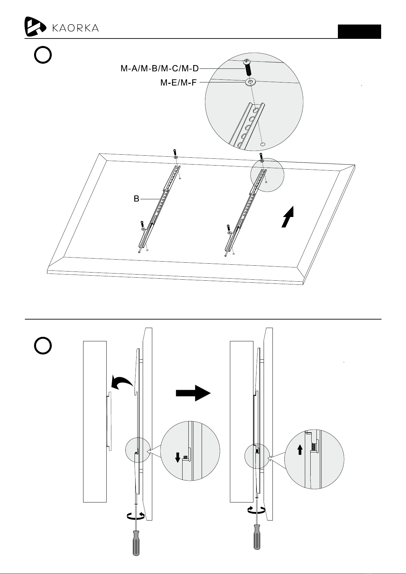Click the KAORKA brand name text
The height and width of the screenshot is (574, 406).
[76, 28]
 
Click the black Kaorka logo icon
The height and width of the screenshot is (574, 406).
[35, 26]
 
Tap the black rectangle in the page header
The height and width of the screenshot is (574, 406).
[359, 32]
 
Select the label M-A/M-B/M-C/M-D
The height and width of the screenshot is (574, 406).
[160, 68]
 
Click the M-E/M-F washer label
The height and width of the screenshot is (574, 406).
[178, 82]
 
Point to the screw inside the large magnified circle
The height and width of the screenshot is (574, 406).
[247, 67]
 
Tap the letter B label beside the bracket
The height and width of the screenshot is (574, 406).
[136, 199]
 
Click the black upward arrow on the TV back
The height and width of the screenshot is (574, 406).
[288, 217]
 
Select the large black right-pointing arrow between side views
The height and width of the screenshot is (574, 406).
[193, 393]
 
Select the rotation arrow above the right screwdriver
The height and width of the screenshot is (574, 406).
[257, 509]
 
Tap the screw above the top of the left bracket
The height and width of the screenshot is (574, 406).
[175, 151]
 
